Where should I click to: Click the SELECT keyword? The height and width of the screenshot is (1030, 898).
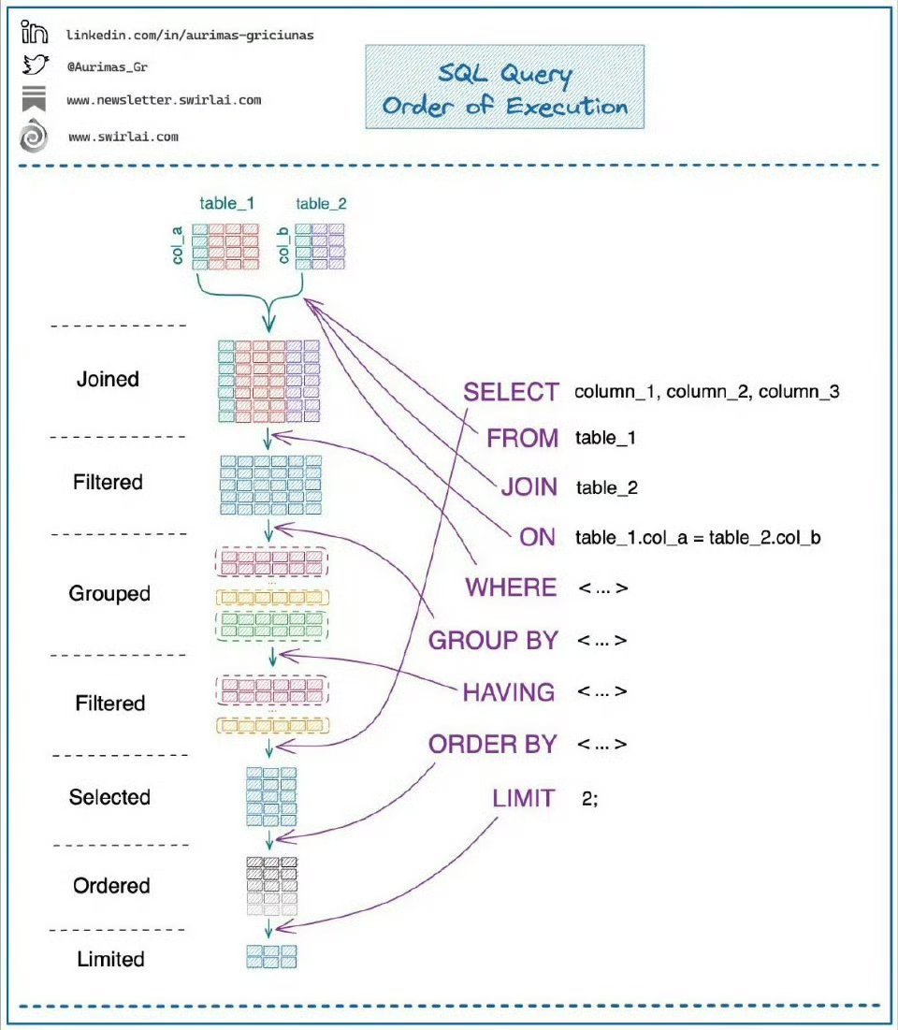[x=511, y=392]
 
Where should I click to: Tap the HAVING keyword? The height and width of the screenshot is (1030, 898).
[x=509, y=692]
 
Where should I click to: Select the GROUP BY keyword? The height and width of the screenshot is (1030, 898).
[x=493, y=641]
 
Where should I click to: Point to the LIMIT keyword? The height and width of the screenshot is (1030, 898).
[x=524, y=798]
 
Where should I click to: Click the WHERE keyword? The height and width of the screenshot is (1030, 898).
[x=511, y=588]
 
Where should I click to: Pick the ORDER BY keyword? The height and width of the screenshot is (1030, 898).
[x=493, y=745]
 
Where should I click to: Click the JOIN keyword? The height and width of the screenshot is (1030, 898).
[x=529, y=487]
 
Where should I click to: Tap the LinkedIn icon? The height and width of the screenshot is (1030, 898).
[x=35, y=32]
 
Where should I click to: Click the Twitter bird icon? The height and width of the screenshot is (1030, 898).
[x=36, y=65]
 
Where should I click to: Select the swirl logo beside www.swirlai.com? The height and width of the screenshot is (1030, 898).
[x=34, y=136]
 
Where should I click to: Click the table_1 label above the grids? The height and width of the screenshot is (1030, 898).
[x=226, y=204]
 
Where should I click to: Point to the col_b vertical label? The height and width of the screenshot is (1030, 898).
[x=283, y=245]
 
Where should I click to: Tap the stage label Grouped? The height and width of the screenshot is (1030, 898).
[x=109, y=594]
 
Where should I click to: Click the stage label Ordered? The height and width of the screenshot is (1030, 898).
[x=111, y=886]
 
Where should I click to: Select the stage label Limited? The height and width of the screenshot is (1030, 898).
[x=110, y=959]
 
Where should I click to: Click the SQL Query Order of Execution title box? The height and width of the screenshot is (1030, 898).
[x=504, y=87]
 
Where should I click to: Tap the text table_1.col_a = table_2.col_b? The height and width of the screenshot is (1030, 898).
[x=698, y=538]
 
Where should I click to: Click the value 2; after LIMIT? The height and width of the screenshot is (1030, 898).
[x=590, y=799]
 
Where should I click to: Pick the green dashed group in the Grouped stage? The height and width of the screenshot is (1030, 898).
[x=272, y=625]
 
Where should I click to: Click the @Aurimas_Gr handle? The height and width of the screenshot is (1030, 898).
[x=107, y=67]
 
